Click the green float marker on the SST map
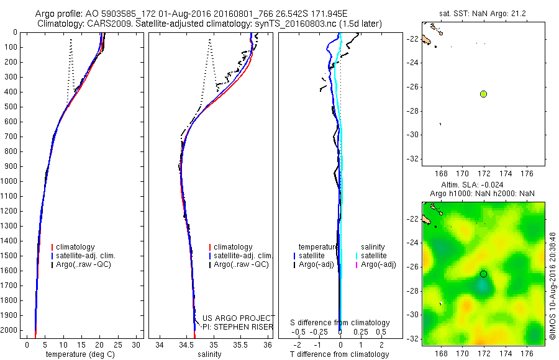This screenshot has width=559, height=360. [x=483, y=94]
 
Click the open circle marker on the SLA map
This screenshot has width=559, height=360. [x=483, y=274]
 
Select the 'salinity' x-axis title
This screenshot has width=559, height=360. [x=211, y=354]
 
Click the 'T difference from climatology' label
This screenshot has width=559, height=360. [x=339, y=354]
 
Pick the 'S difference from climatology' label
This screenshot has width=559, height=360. [x=340, y=323]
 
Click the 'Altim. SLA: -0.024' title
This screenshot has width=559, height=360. [x=472, y=185]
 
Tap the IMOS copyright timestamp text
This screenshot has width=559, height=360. [x=553, y=287]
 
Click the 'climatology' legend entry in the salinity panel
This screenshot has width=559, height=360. [x=233, y=247]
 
